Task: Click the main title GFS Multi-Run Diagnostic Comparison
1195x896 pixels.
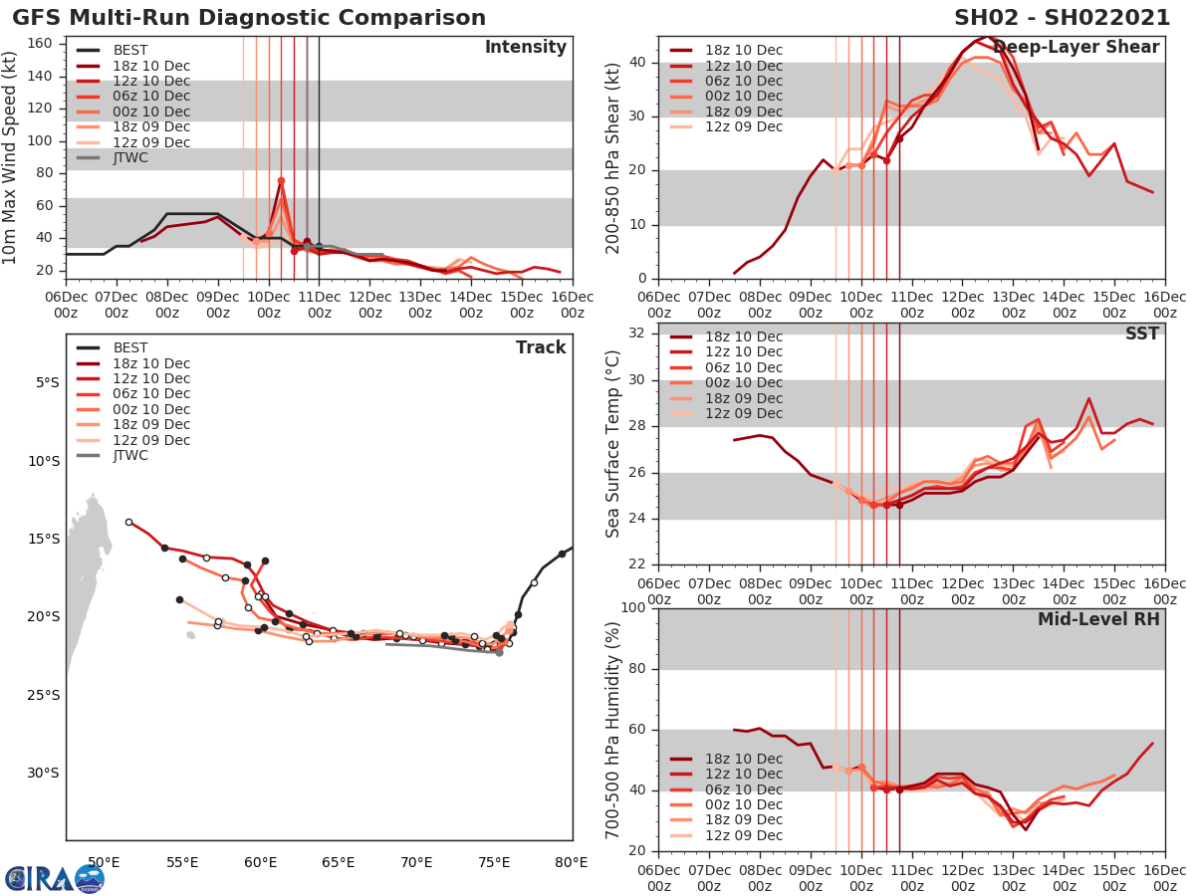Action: [249, 18]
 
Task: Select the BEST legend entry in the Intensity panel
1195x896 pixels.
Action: [130, 51]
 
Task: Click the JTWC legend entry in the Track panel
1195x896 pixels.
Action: [130, 455]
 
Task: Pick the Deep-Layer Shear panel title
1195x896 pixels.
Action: [1075, 48]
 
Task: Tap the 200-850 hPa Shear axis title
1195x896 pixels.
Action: [614, 157]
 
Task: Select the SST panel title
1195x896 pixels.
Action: [1141, 334]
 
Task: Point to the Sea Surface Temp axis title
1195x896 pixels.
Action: [614, 444]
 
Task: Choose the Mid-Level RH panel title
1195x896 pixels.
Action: [1098, 619]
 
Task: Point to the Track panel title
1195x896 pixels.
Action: [541, 347]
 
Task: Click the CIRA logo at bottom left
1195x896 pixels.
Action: [55, 878]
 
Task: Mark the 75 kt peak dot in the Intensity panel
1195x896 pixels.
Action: [281, 181]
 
